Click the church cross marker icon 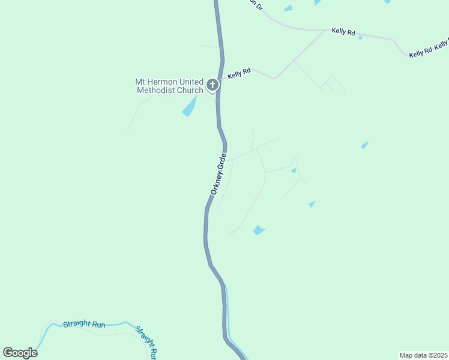[212, 85]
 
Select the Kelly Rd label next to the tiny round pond [343, 31]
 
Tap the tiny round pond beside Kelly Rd [360, 38]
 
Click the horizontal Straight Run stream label [84, 325]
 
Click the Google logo [20, 353]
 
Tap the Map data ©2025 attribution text [423, 355]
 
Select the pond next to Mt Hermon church [190, 107]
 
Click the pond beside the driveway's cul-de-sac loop [259, 230]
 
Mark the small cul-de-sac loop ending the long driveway [231, 233]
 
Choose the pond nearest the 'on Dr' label [288, 8]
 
